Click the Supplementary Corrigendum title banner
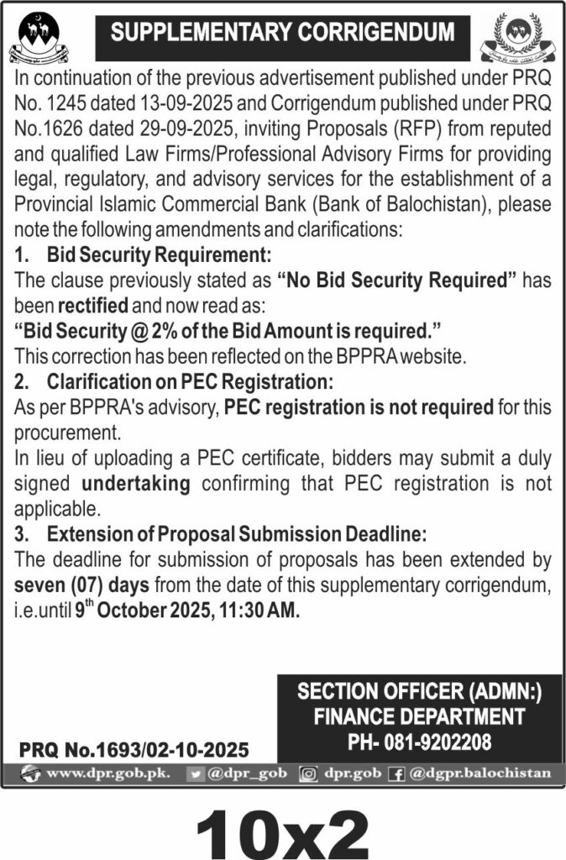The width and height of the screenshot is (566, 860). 283,34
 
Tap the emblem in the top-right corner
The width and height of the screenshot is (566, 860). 518,38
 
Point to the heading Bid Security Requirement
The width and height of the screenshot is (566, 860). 160,255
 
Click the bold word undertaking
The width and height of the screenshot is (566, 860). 136,484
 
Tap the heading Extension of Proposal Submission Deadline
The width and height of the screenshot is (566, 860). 237,534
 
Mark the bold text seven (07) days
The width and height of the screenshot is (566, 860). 79,584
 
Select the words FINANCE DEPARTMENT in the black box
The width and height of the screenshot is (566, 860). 419,717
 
